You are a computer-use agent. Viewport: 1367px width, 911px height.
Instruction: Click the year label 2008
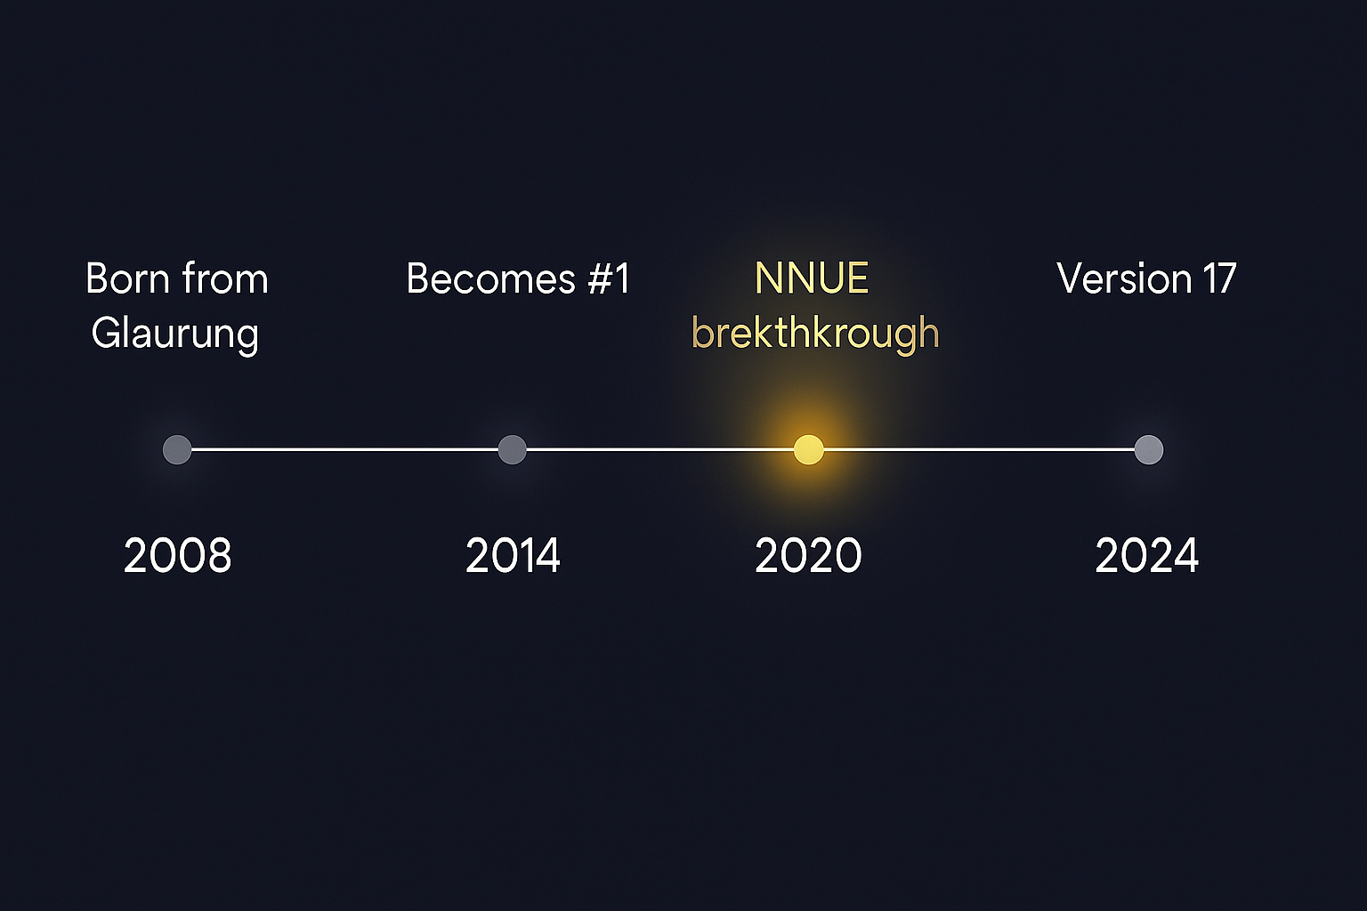177,556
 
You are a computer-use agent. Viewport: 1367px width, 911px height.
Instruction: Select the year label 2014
513,556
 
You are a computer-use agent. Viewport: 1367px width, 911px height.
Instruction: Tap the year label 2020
808,556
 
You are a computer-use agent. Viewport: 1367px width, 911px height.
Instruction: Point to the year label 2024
1146,556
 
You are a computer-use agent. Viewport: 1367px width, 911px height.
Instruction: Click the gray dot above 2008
177,449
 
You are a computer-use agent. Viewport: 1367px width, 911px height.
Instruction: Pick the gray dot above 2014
512,449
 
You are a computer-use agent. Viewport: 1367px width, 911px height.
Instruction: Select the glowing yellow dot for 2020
808,449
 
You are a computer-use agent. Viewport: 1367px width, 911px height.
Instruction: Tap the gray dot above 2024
1148,449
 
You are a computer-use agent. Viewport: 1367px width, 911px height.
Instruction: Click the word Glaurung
174,335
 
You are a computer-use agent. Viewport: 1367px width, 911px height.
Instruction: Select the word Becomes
490,279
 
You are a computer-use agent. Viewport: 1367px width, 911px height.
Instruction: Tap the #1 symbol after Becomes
609,279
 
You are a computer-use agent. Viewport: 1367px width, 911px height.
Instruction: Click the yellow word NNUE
812,279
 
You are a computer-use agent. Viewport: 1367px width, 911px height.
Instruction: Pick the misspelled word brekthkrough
815,335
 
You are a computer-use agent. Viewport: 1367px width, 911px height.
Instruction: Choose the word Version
1124,279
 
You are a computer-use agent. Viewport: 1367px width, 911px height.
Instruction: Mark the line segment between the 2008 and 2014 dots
344,449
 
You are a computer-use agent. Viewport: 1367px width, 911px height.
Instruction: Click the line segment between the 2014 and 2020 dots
659,449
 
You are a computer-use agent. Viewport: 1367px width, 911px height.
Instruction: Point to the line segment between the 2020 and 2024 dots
979,449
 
